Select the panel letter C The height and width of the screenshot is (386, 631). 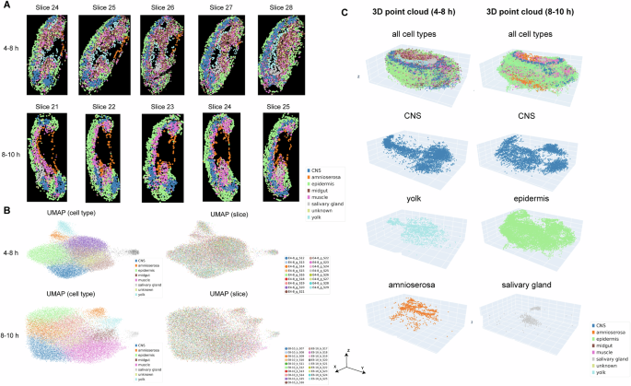(x=344, y=13)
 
